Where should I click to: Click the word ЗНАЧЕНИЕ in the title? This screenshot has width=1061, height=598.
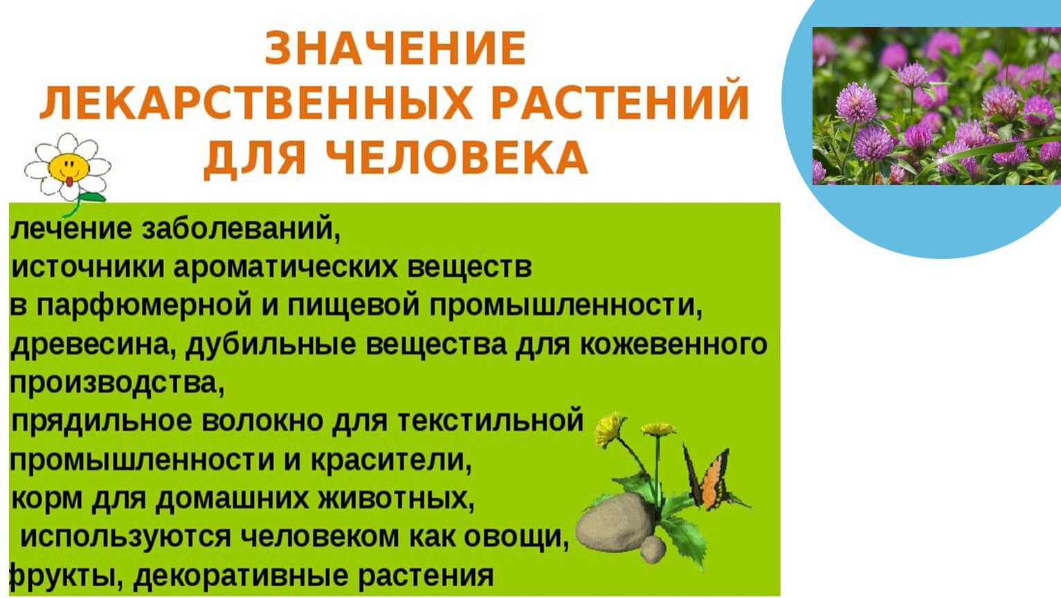pos(395,48)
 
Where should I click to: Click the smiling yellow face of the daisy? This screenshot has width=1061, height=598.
pos(69,167)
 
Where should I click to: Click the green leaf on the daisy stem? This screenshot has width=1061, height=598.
pos(92,198)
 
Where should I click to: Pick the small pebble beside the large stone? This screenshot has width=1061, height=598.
pos(653,549)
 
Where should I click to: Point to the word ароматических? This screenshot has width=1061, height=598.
pos(285,268)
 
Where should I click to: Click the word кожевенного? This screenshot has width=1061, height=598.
pos(673,345)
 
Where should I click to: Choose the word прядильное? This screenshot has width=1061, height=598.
pos(101,422)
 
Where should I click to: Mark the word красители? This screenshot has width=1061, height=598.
pos(391,460)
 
